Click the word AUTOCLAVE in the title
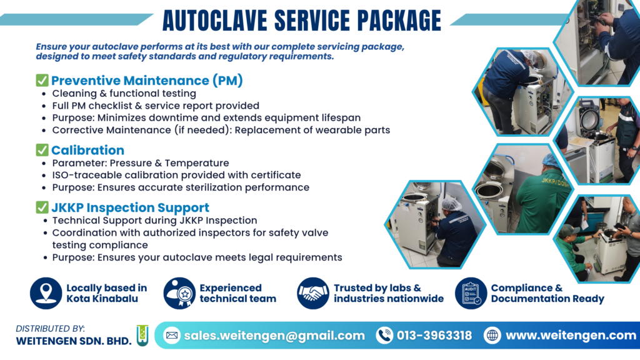pos(215,20)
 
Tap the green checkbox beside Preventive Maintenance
pos(42,80)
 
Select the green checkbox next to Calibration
pos(42,150)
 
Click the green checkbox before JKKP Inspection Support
pos(42,207)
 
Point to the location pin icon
pos(46,293)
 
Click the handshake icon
pos(312,293)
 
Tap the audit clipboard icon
pos(471,293)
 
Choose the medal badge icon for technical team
pos(179,293)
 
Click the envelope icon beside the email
pos(172,336)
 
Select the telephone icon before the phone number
pos(384,336)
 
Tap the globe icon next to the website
pos(492,336)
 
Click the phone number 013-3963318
pos(434,336)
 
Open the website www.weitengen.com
pos(571,336)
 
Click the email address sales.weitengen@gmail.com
pos(274,336)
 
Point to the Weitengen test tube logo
pos(142,336)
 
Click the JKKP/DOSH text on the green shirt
pos(555,182)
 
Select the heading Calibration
pos(87,150)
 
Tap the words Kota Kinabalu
pos(102,299)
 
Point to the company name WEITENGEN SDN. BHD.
pos(74,341)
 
